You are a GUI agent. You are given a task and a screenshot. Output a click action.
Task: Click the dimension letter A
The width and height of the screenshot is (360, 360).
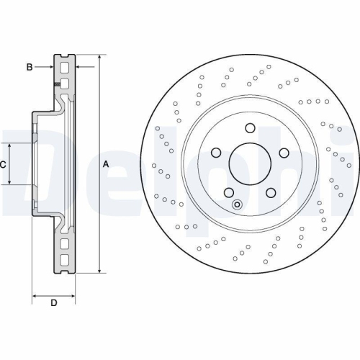(x=106, y=164)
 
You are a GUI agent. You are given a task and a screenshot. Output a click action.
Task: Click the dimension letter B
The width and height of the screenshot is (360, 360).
(x=30, y=68)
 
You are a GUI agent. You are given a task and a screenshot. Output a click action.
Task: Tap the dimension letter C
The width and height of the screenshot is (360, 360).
(x=3, y=164)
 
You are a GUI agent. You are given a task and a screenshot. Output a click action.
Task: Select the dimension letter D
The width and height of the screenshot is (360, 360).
(x=53, y=302)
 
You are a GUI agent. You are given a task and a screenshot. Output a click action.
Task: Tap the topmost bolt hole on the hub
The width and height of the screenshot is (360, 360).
(x=250, y=129)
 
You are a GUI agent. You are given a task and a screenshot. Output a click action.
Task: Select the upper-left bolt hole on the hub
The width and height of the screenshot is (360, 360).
(x=215, y=153)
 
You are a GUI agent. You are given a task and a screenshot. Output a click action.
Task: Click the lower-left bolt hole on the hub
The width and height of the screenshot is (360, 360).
(x=228, y=193)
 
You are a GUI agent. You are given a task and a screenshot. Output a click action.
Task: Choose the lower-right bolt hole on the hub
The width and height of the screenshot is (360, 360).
(x=271, y=193)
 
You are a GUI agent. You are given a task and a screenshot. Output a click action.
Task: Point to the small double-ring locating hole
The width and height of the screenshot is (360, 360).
(x=238, y=204)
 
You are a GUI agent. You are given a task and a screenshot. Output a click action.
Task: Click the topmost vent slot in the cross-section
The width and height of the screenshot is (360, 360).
(x=65, y=68)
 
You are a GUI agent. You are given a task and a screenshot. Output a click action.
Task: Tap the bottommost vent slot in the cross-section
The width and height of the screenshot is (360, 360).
(x=65, y=260)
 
